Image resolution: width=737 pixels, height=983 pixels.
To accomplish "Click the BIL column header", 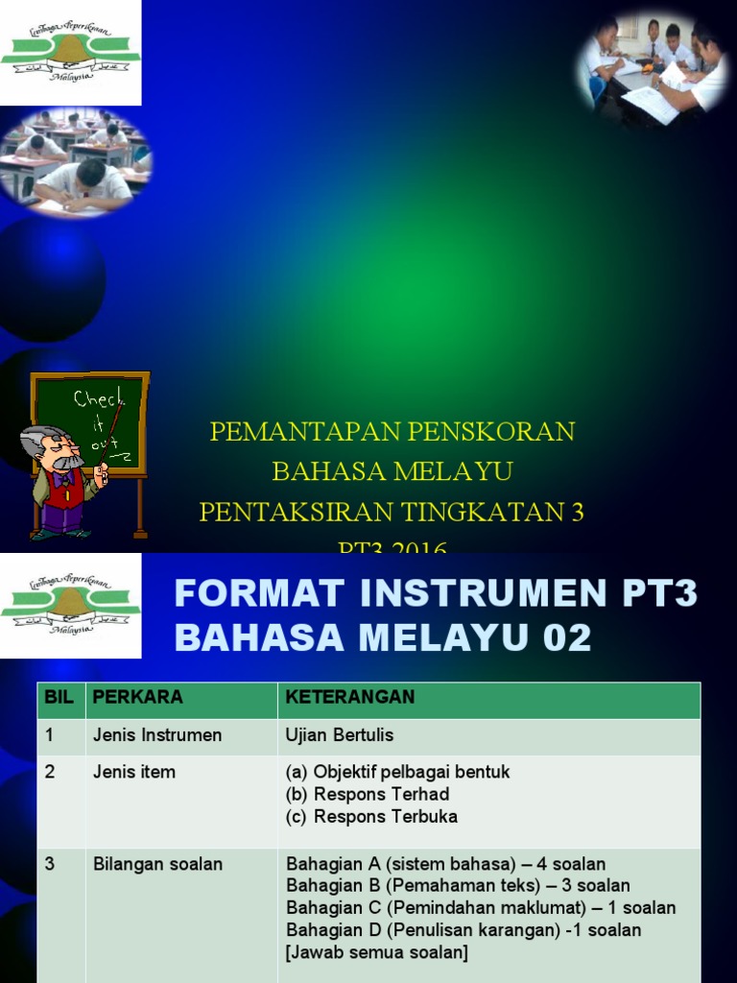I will pos(59,697).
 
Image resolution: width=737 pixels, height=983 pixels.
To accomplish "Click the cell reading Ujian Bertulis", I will pos(340,735).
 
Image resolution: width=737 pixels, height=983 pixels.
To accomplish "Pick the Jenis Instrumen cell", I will pos(156,735).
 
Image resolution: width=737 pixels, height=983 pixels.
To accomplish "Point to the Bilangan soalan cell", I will pos(157,864).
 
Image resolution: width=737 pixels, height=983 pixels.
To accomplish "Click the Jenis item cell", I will pos(133,772).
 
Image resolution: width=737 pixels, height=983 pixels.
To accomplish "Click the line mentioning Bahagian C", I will pos(481,907).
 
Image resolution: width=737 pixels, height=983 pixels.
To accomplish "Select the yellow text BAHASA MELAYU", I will pos(392,471).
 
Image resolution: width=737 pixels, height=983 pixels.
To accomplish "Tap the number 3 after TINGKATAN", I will pos(577,512).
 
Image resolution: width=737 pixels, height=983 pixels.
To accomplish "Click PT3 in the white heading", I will pos(659,595).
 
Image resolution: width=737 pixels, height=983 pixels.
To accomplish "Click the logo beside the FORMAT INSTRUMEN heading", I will pos(70,605).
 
